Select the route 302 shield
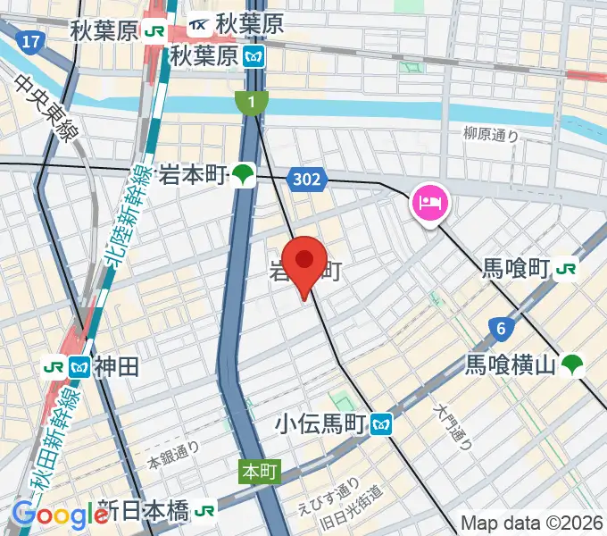coord(305,180)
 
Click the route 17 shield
coord(32,42)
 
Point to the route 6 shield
coord(502,329)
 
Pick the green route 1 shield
coord(253,103)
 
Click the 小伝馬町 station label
coord(322,423)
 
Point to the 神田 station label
coord(116,365)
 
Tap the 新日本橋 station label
coord(144,511)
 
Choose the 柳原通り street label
coord(491,135)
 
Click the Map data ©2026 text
coord(531,523)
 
